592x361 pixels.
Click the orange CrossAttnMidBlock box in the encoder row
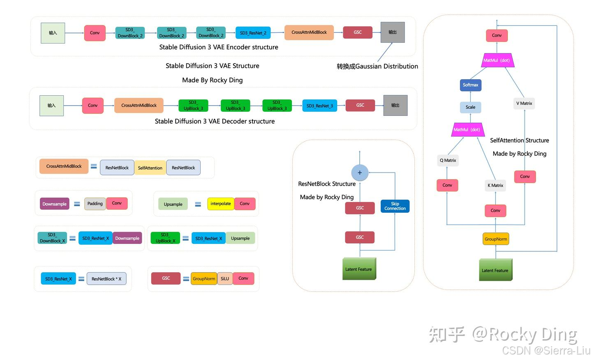tap(309, 32)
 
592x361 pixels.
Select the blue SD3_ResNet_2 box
tap(253, 33)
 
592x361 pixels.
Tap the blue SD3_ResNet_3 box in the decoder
tap(319, 106)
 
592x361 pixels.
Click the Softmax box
tap(470, 85)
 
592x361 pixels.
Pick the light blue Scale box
tap(470, 107)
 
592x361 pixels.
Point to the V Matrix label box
tap(524, 103)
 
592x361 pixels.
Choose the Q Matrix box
tap(448, 161)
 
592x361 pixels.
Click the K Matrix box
tap(495, 186)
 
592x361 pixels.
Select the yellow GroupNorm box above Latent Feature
tap(496, 239)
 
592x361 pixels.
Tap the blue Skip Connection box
tap(395, 206)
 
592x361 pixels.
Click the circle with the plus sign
tap(360, 173)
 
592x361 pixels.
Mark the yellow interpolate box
tap(221, 204)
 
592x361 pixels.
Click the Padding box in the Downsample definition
tap(95, 204)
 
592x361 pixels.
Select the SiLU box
tap(225, 278)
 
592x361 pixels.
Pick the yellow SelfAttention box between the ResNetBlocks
tap(150, 168)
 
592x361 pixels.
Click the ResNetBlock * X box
tap(106, 279)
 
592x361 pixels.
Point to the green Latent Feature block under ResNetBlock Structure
tap(359, 269)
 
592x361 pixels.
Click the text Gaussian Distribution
tap(386, 67)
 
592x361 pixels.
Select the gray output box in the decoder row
tap(395, 106)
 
